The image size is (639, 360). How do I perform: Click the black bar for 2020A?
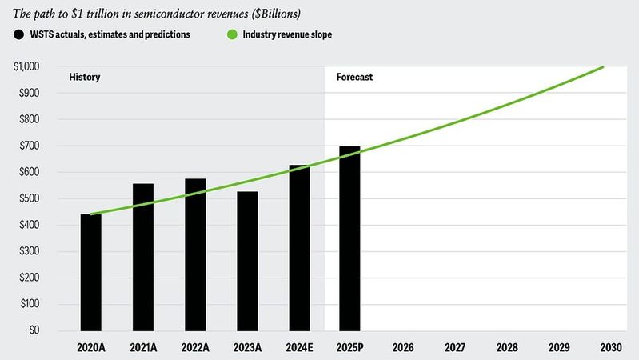click(90, 272)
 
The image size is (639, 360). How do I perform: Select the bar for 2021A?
click(143, 257)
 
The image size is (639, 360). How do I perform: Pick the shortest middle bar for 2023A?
click(247, 261)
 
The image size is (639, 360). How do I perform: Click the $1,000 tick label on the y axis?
click(30, 66)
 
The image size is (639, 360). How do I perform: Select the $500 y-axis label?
click(33, 198)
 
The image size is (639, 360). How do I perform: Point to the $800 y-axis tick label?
click(33, 119)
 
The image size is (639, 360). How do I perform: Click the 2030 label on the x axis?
click(610, 348)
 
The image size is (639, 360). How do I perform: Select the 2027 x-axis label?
click(454, 348)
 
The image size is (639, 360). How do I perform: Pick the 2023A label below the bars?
click(247, 348)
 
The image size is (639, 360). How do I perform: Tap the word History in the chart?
click(83, 78)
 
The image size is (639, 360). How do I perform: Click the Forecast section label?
click(354, 78)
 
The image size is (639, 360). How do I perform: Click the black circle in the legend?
click(18, 34)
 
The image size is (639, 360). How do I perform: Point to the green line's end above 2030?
click(603, 67)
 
